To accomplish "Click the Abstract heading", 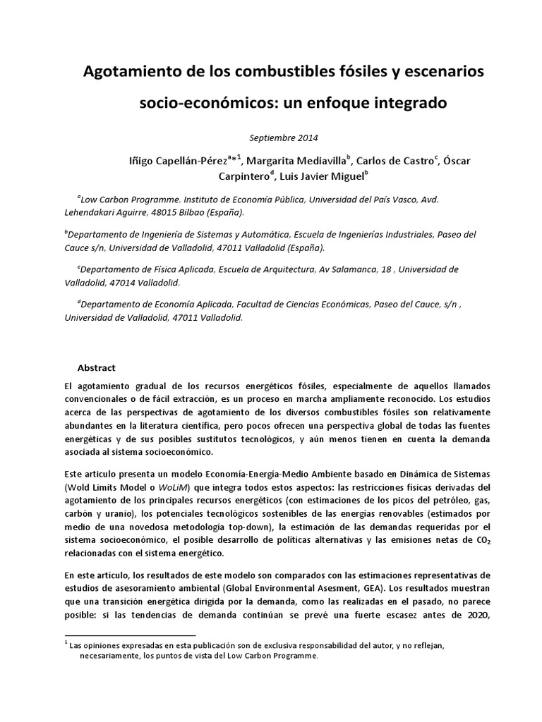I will click(x=96, y=368).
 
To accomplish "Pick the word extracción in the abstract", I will click(x=187, y=399).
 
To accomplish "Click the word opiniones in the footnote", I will click(x=98, y=644).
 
